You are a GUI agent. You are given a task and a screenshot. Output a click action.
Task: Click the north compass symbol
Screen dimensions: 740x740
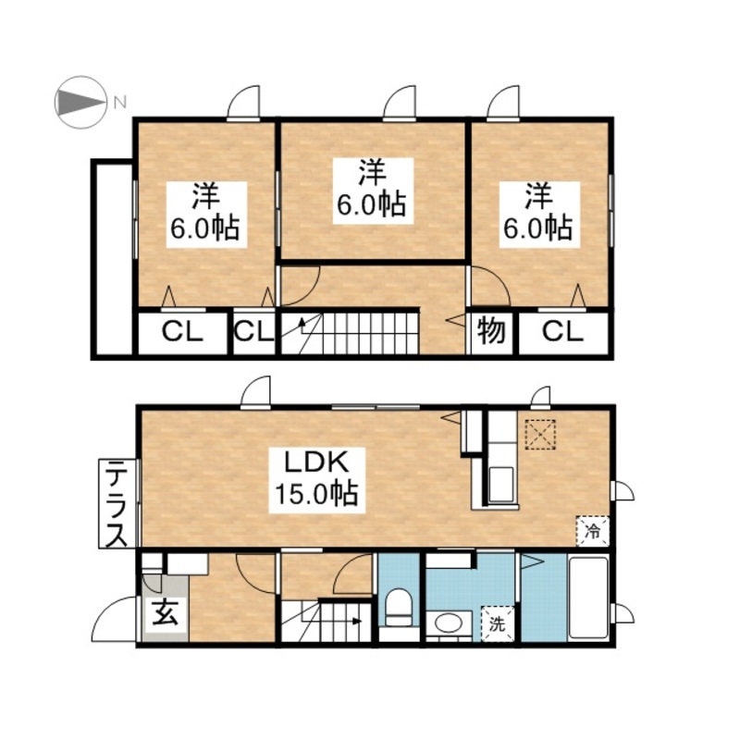point(80,102)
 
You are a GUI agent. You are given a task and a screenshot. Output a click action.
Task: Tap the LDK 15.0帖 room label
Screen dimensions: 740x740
point(316,480)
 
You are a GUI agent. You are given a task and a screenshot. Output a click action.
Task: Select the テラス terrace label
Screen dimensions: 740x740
point(117,503)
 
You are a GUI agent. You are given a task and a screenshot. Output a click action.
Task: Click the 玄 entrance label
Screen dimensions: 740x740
point(166,612)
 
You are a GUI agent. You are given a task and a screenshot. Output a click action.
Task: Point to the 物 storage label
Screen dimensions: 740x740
point(491,331)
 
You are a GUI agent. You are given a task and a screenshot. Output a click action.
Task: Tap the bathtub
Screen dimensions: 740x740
point(588,598)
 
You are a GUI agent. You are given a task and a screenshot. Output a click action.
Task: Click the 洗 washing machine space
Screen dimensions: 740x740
point(497,623)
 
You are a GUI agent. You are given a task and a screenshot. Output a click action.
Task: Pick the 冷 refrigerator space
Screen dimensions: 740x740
point(593,531)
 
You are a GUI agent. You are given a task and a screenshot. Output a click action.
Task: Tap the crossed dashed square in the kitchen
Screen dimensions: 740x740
point(540,434)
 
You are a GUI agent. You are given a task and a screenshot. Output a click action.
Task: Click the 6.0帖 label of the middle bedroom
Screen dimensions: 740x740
point(372,205)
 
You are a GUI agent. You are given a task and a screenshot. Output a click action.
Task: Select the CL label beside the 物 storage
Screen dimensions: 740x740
point(562,332)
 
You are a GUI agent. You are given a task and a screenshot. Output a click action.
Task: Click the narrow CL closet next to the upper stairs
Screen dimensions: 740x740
point(254,332)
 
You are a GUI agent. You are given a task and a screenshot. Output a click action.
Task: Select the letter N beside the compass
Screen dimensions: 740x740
point(120,102)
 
